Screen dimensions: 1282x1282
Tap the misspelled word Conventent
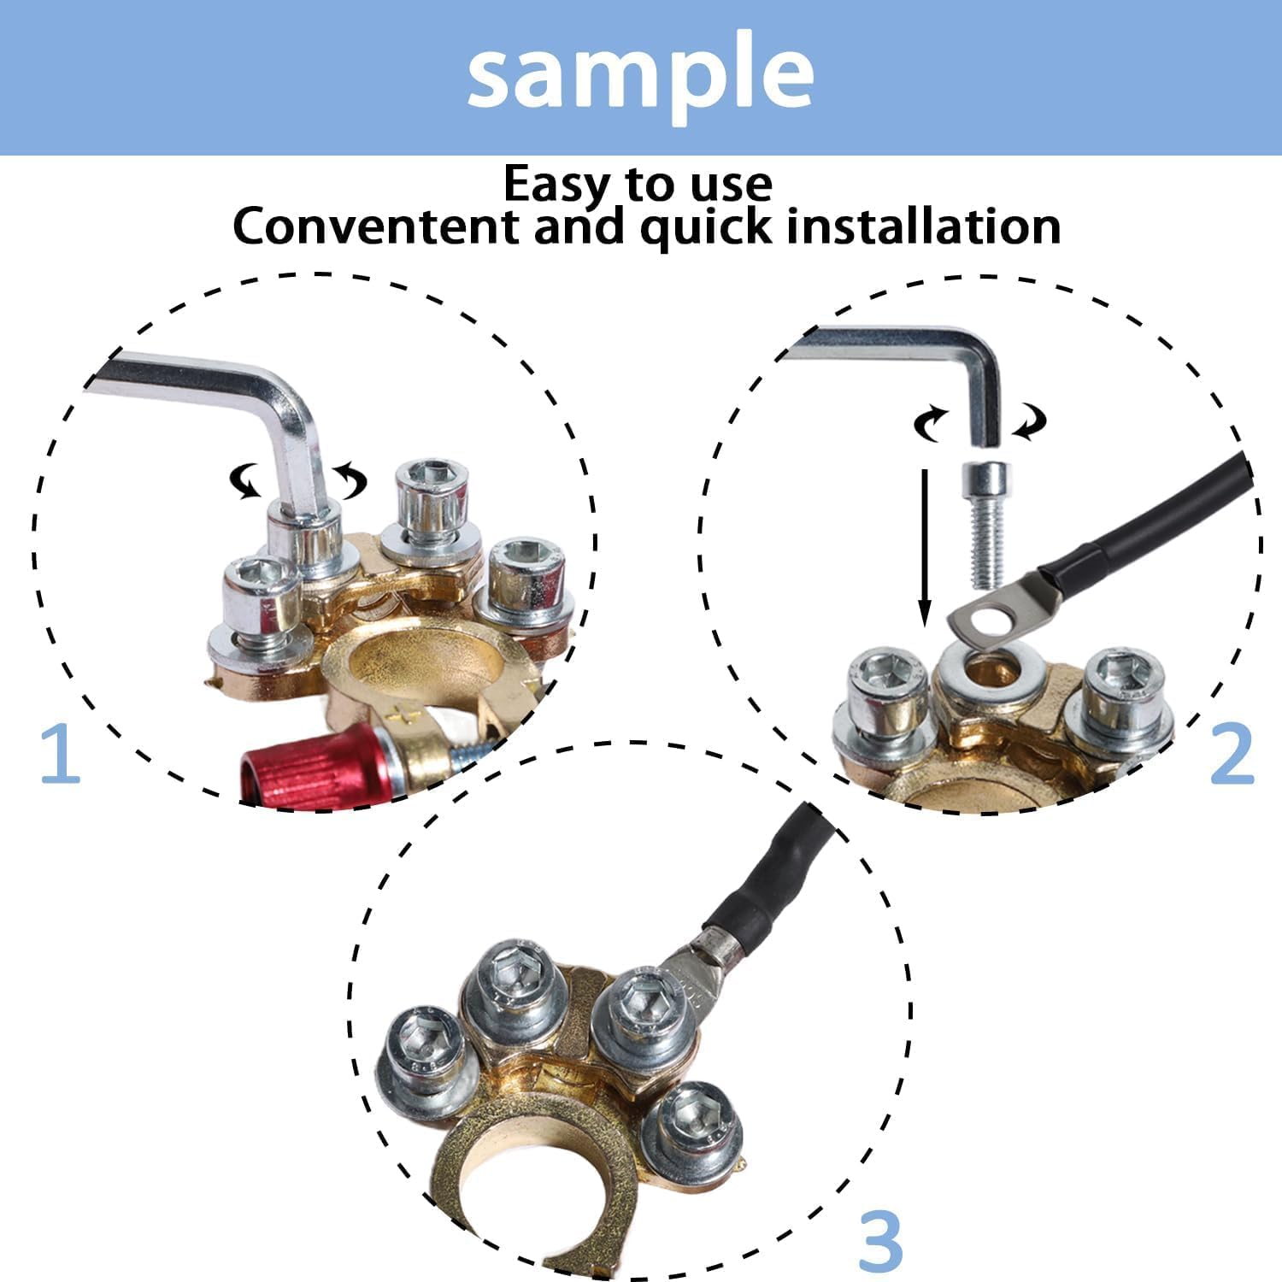coord(375,227)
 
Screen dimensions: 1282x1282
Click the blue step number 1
coord(60,754)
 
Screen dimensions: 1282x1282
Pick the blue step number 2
coord(1231,754)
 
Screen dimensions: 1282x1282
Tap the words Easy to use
coord(638,183)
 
